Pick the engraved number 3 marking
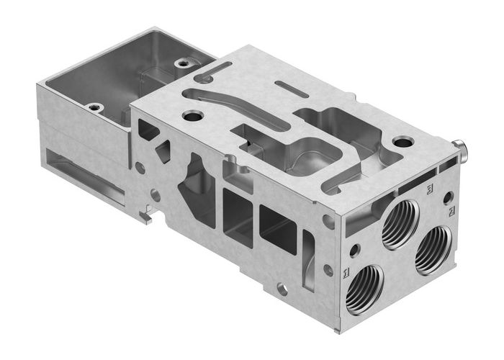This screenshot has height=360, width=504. [x=430, y=189]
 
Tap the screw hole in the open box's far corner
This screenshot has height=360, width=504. [x=184, y=64]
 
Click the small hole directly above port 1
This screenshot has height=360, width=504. [x=354, y=251]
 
